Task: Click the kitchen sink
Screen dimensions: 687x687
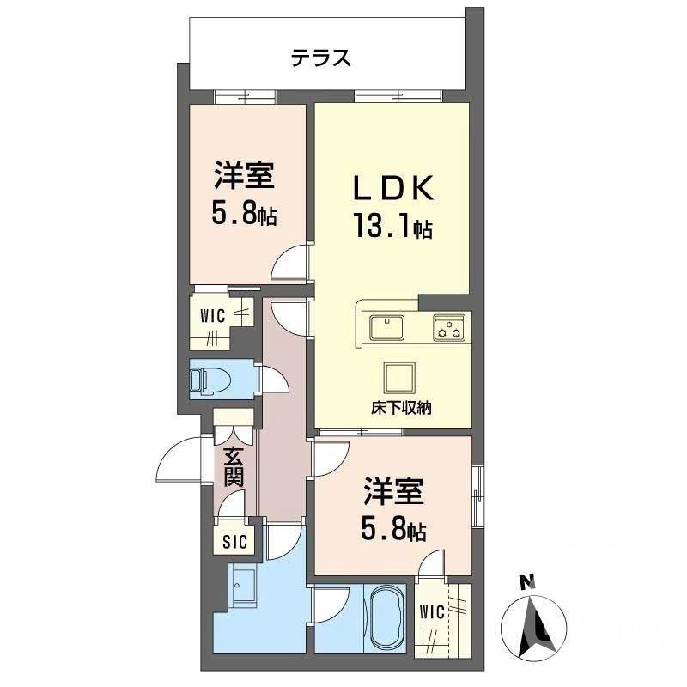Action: pos(388,327)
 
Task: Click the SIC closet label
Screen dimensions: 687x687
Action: pos(234,542)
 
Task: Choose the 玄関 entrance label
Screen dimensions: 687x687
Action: pos(234,466)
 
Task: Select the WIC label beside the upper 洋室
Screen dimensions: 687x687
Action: pos(214,316)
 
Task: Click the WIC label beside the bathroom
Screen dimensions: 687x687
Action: pos(432,612)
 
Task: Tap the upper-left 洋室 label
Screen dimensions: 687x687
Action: pos(245,176)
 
